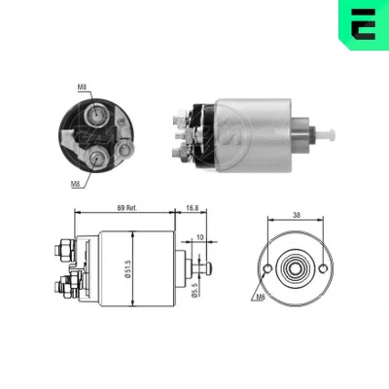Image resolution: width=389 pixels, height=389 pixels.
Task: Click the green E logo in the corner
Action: tap(364, 24)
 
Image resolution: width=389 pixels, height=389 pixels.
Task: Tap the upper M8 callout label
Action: tap(82, 87)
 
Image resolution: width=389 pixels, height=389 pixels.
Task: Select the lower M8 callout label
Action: tap(75, 184)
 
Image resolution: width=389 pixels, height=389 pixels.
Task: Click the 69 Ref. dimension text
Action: tap(127, 208)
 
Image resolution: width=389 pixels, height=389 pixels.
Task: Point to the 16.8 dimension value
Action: tap(193, 208)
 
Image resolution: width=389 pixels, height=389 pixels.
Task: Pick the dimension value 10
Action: tap(200, 237)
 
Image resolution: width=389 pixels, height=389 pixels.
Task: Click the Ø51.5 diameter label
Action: tap(128, 267)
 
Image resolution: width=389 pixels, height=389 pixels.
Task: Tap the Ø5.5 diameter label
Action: tap(194, 289)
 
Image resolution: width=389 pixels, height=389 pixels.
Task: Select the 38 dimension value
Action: tap(297, 215)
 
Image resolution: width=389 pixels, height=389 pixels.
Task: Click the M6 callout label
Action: tap(261, 297)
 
